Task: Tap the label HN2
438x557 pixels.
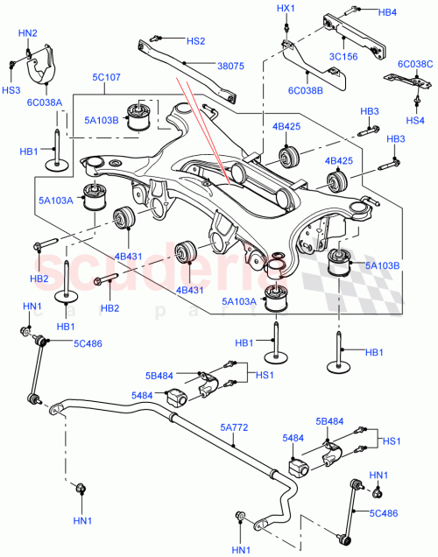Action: click(x=28, y=33)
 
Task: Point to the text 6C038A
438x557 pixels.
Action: click(x=45, y=102)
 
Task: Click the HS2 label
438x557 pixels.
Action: click(x=195, y=40)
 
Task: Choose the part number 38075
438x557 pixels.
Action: click(x=230, y=65)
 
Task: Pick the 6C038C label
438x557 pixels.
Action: click(x=415, y=64)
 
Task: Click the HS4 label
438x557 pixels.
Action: click(x=415, y=120)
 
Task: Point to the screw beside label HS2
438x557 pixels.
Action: click(x=158, y=38)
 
